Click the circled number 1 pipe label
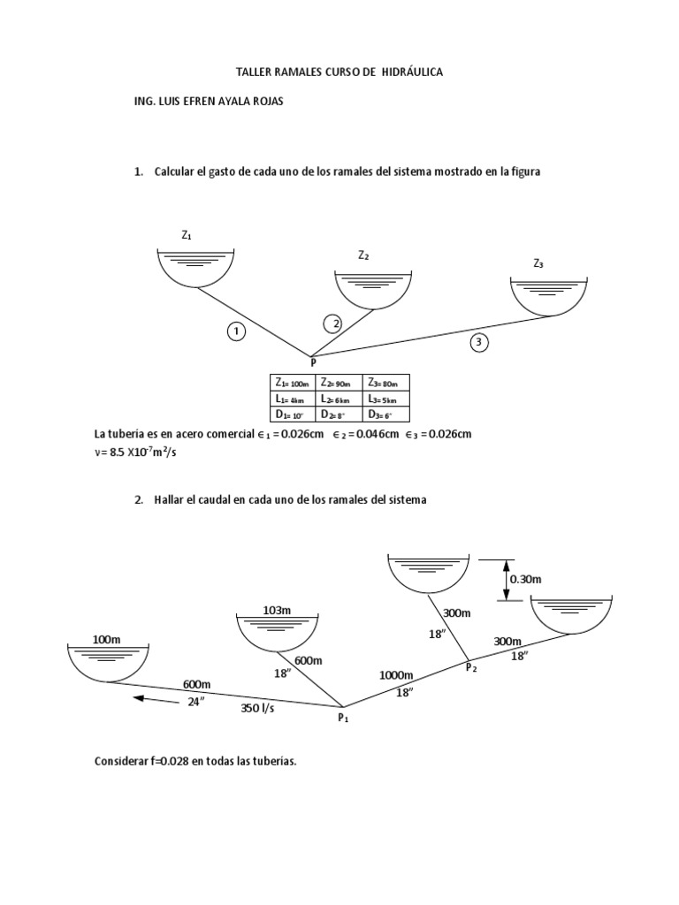[235, 331]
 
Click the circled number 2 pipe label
[332, 323]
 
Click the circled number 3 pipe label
[479, 343]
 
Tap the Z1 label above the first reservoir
[187, 235]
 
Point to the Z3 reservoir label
[538, 263]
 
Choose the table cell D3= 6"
[384, 414]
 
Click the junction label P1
[343, 719]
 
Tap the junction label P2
[471, 668]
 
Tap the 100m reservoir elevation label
[106, 639]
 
